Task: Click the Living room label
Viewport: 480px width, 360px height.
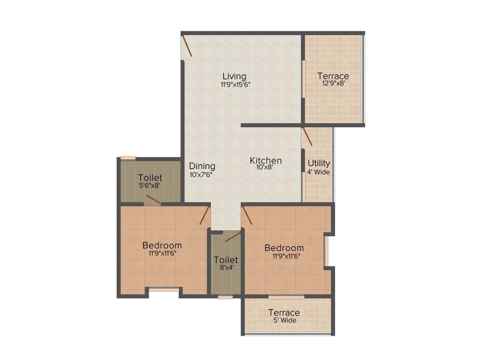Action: tap(234, 76)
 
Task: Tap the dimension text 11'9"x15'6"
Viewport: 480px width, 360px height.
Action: tap(234, 85)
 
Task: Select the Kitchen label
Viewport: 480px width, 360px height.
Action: tap(265, 160)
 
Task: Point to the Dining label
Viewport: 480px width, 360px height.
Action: tap(202, 166)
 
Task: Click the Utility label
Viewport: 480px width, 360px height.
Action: tap(319, 164)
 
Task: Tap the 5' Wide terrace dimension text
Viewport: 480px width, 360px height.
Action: tap(284, 321)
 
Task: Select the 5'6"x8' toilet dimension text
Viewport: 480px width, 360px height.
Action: tap(150, 186)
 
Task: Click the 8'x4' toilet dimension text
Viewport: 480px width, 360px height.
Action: tap(226, 268)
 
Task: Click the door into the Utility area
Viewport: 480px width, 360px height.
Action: tap(307, 135)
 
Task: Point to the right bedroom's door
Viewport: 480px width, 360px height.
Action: tap(247, 216)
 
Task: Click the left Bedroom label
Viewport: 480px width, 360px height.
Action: tap(162, 245)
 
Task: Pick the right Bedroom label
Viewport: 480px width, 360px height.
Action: tap(284, 248)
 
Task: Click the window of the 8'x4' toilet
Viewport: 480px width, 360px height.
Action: tap(225, 297)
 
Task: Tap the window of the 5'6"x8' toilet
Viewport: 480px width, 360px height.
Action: tap(128, 158)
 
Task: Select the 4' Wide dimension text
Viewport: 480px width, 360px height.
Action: tap(319, 172)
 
